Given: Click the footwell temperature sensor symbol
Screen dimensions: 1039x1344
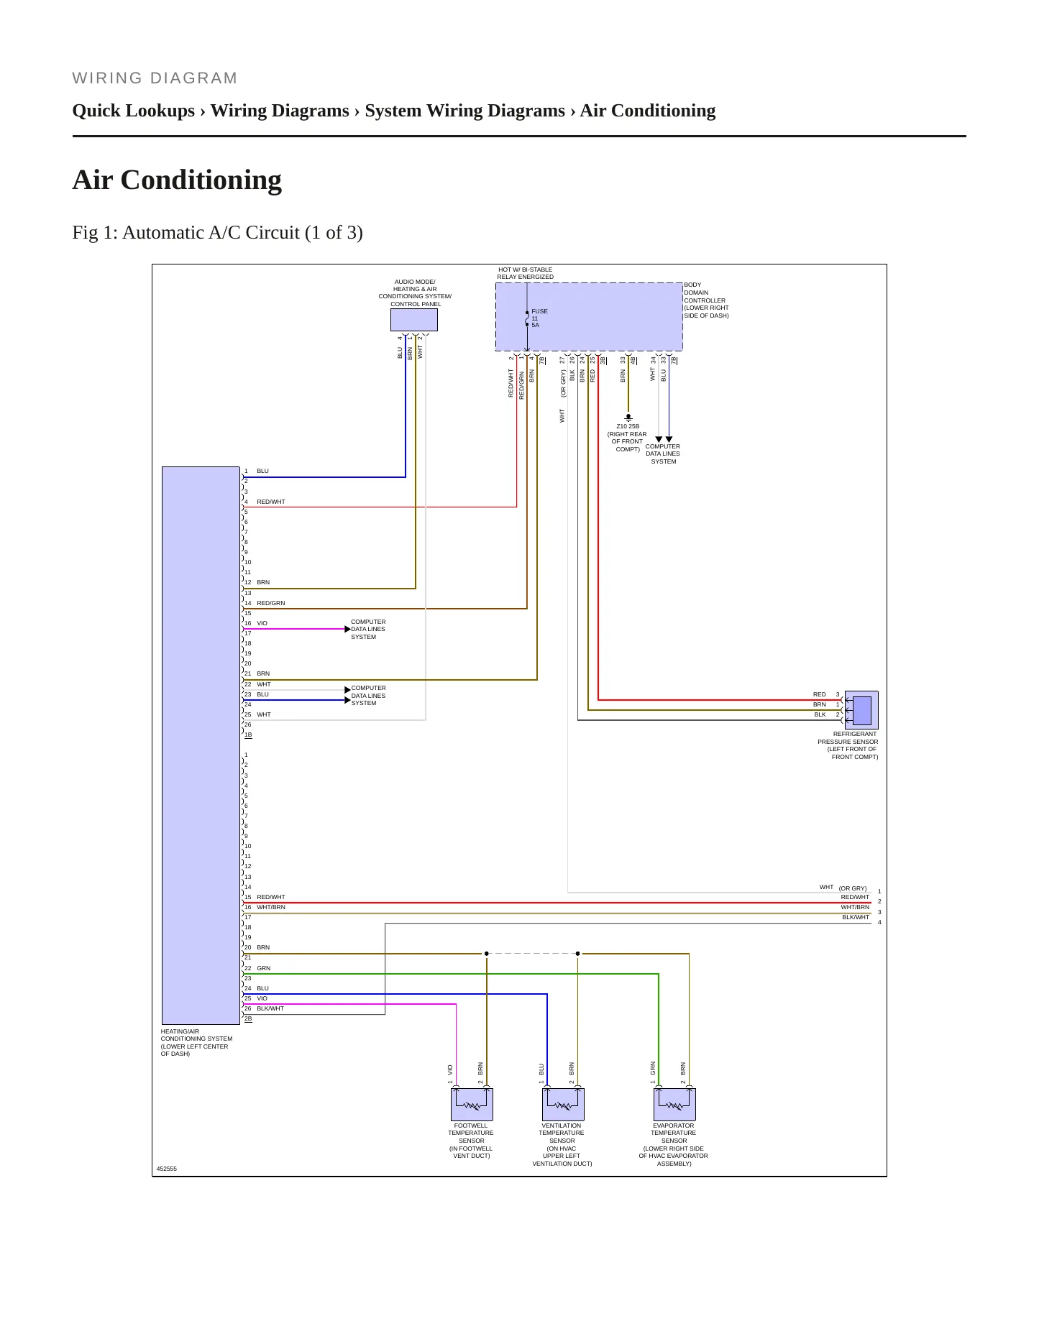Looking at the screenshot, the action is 472,1104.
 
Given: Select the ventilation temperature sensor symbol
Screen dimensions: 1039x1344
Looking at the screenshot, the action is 563,1104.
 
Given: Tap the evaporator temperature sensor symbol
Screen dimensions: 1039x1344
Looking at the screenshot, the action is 674,1104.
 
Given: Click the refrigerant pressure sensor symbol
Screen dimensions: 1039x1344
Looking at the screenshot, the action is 861,710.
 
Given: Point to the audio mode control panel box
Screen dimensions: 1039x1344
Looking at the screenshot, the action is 414,320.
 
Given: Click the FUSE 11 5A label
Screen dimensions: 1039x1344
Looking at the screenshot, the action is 539,318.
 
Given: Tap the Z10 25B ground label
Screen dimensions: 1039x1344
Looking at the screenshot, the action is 628,426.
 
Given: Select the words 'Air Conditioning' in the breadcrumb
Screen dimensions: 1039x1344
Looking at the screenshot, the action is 648,111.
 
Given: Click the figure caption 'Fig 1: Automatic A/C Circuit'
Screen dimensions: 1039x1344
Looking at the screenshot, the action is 217,233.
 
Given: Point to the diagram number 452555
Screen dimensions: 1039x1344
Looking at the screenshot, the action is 167,1169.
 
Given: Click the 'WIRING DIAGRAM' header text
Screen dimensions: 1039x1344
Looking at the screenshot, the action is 155,78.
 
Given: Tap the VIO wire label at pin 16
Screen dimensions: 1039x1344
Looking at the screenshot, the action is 262,623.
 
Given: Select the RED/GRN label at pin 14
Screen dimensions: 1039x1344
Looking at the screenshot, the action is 271,603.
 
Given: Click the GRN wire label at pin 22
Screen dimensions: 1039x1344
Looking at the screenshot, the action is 264,968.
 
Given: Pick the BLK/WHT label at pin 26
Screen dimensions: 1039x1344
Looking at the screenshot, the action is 270,1008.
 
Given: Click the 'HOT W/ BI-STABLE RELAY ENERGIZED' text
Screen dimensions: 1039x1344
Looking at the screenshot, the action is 526,273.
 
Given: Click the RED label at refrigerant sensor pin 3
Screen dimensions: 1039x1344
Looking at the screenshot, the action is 820,694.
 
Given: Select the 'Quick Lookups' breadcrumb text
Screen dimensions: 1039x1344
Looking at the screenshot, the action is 134,111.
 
